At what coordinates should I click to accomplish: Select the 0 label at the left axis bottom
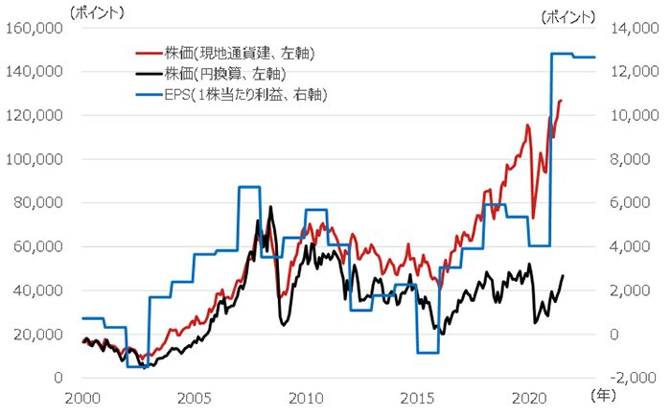click(58, 378)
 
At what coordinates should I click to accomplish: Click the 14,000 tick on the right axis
click(627, 28)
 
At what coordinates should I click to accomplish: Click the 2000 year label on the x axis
click(82, 397)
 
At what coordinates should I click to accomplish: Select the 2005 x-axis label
click(194, 397)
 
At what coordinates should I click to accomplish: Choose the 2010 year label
click(306, 397)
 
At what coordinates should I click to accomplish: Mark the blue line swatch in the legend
click(147, 93)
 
